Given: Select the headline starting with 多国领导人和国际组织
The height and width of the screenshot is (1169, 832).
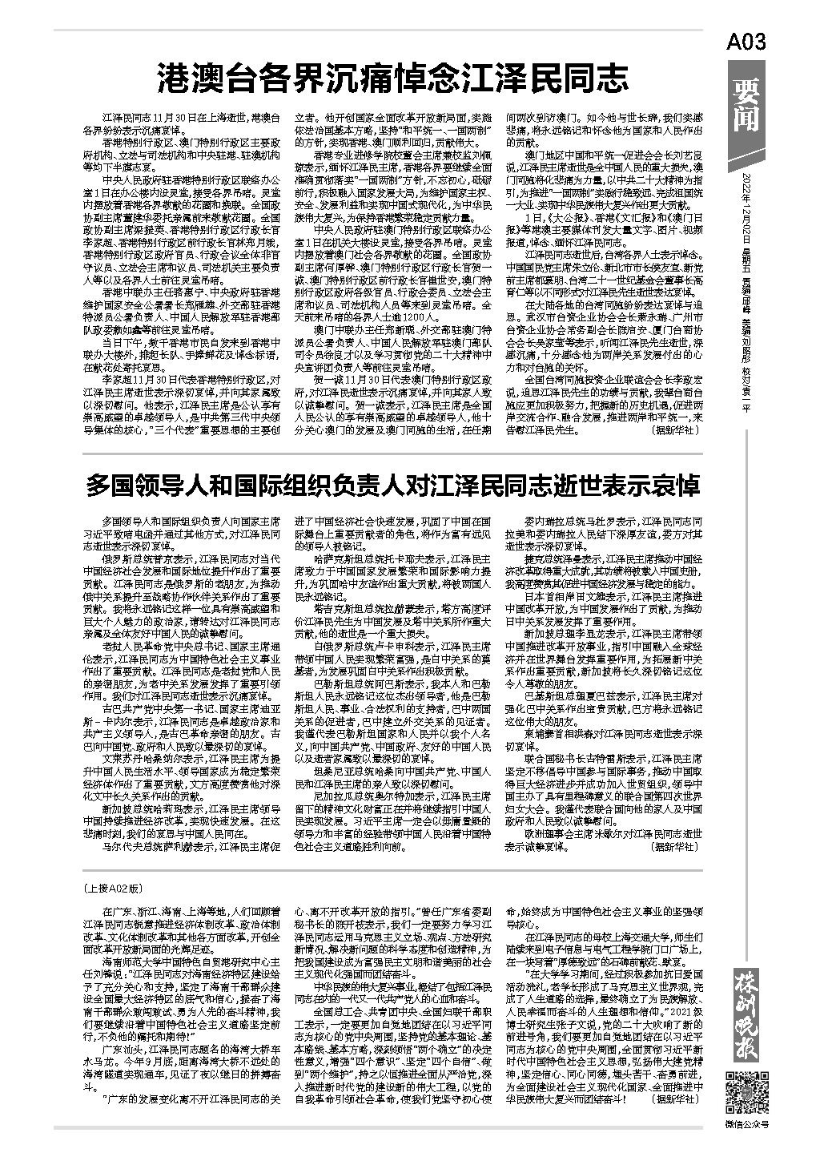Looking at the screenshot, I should [x=392, y=485].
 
